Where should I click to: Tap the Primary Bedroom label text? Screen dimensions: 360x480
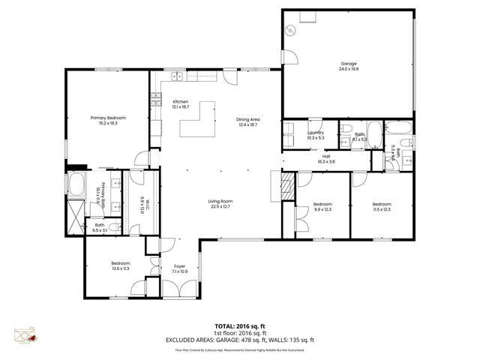click(x=108, y=118)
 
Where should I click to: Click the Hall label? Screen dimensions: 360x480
click(x=325, y=157)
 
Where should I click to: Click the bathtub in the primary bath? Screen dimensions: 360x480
click(x=76, y=184)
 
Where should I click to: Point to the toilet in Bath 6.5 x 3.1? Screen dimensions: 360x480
click(x=112, y=227)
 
